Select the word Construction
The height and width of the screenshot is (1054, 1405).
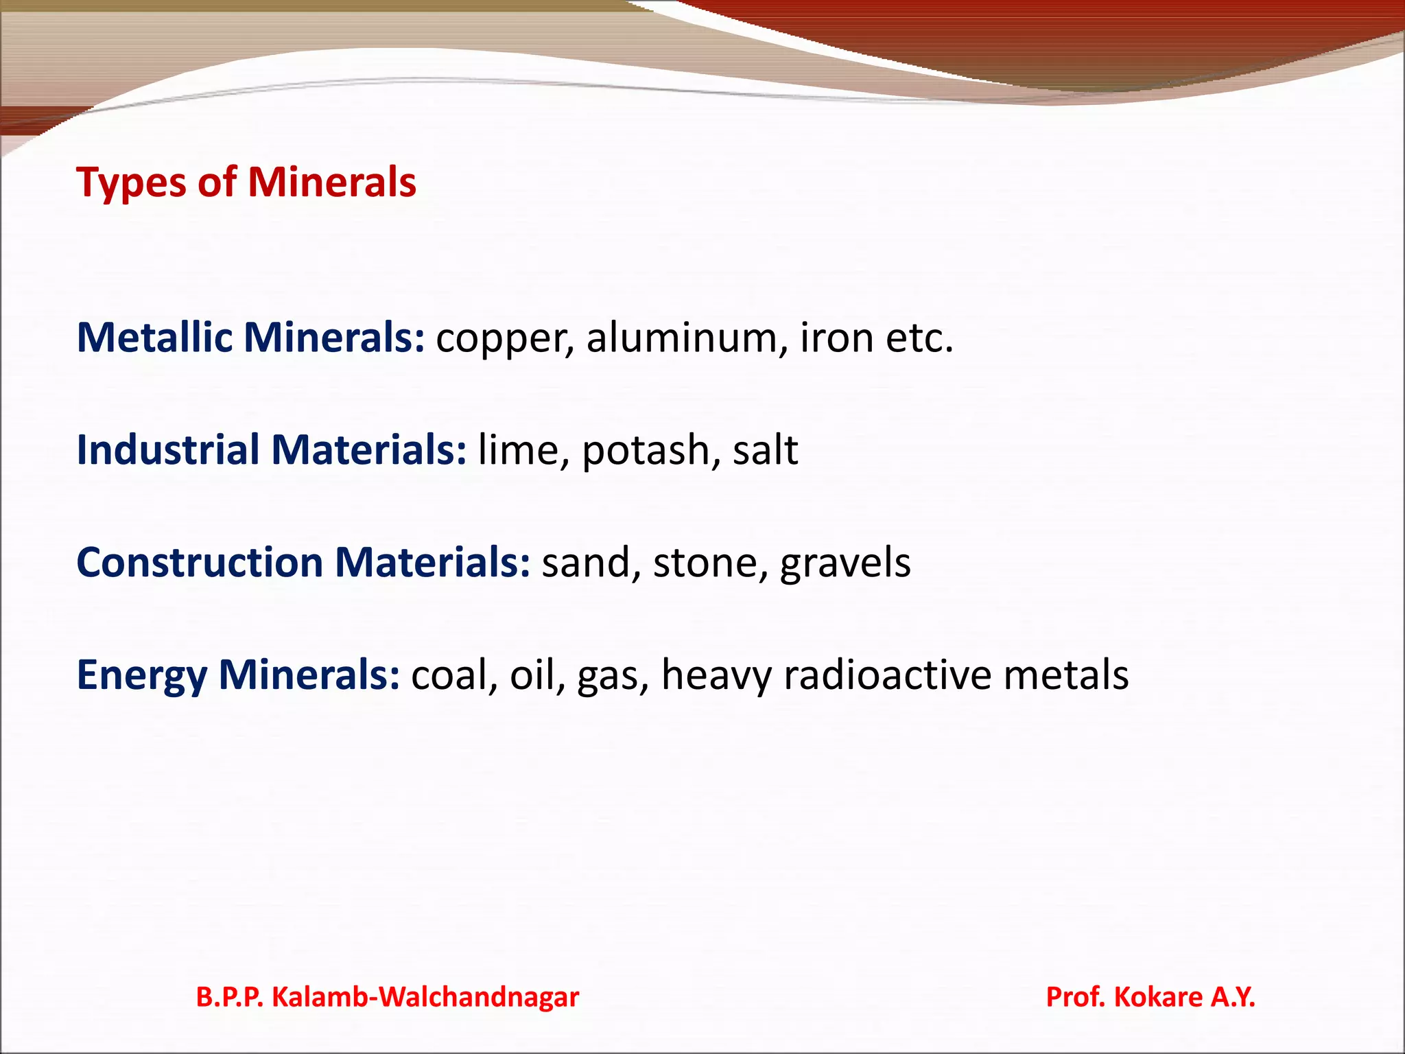pos(200,563)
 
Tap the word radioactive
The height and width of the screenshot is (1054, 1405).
pos(888,675)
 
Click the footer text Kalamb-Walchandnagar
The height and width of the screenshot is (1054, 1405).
pos(425,997)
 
